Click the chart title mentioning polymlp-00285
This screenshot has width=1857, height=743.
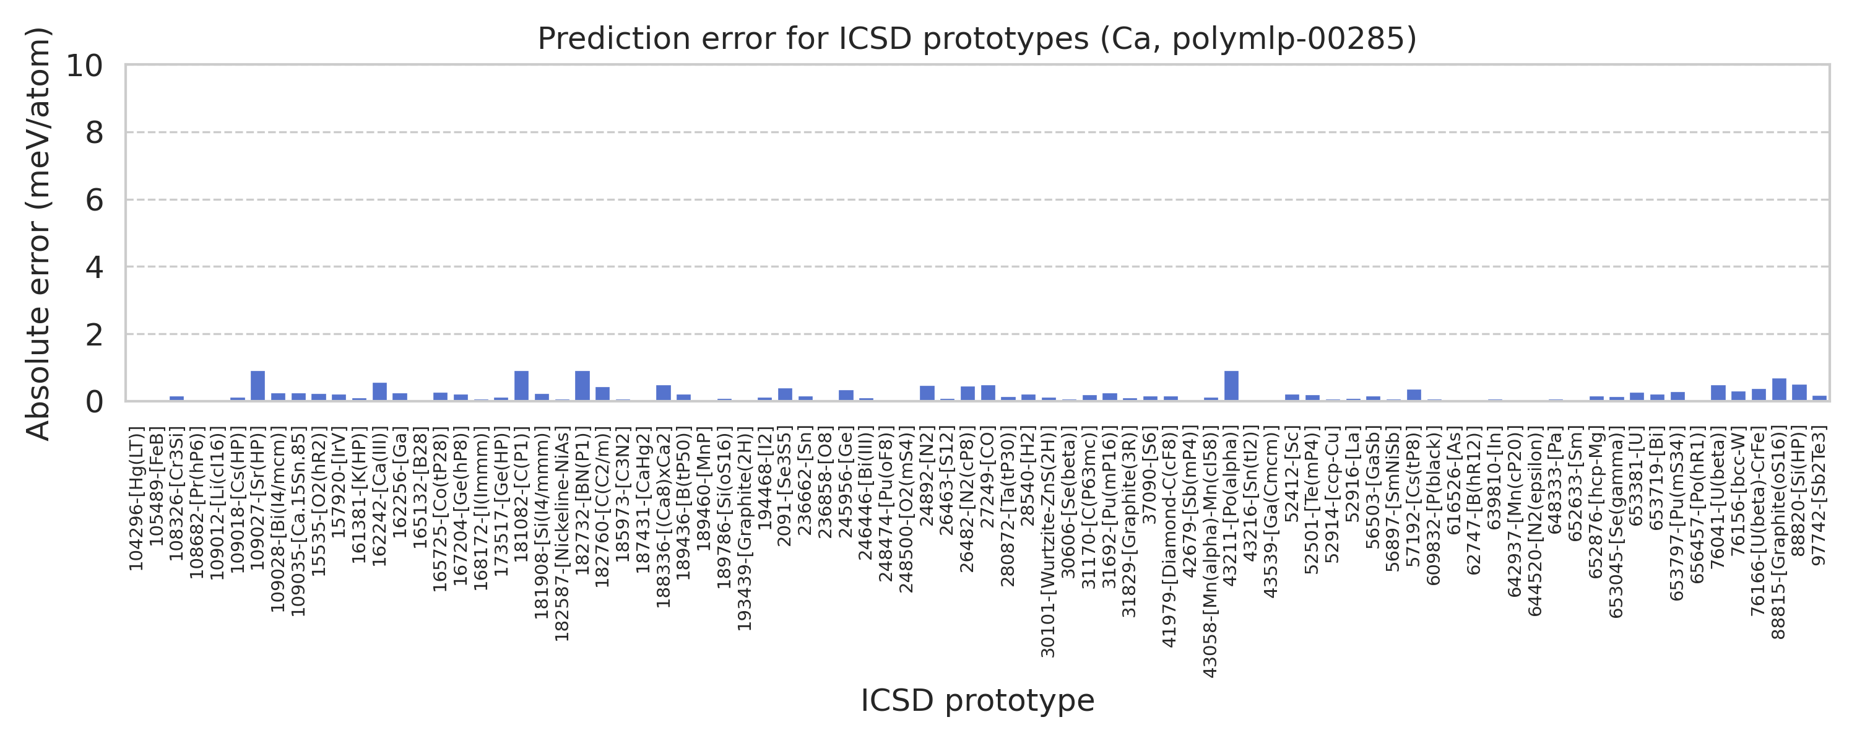[x=977, y=39]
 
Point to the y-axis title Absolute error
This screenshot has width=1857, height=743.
[x=38, y=233]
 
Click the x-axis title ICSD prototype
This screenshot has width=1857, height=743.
[x=977, y=700]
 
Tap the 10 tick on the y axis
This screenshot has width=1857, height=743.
[x=84, y=66]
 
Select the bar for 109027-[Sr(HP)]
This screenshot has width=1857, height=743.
[x=258, y=386]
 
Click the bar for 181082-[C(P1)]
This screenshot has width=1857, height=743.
[x=521, y=386]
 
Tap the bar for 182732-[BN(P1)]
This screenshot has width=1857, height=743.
[x=582, y=386]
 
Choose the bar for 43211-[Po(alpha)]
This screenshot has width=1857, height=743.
[x=1231, y=386]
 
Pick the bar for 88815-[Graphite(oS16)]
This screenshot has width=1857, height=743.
[x=1779, y=389]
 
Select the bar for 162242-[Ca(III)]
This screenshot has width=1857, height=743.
[x=380, y=392]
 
